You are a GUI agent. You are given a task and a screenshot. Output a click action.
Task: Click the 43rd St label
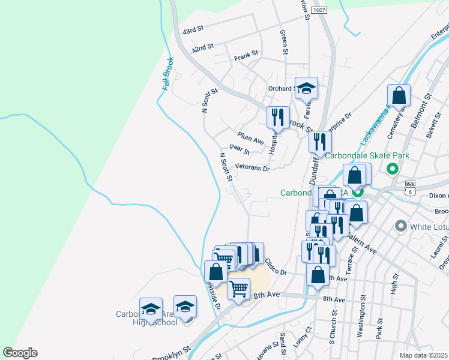point(194,29)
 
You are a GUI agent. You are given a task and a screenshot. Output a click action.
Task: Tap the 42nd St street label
point(202,48)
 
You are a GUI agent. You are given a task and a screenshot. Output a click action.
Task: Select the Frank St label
point(246,54)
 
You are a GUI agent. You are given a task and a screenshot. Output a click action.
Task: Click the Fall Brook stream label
point(167,74)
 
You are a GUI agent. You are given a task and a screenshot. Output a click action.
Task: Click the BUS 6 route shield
point(411,188)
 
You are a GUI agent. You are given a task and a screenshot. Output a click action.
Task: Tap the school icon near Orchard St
point(306,88)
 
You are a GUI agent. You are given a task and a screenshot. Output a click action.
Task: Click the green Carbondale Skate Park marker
point(393,169)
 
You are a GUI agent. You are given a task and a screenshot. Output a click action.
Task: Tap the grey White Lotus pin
point(401,227)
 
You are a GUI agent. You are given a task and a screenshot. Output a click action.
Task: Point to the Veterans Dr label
point(252,167)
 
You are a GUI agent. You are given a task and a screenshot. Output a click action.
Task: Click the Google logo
point(20,353)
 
